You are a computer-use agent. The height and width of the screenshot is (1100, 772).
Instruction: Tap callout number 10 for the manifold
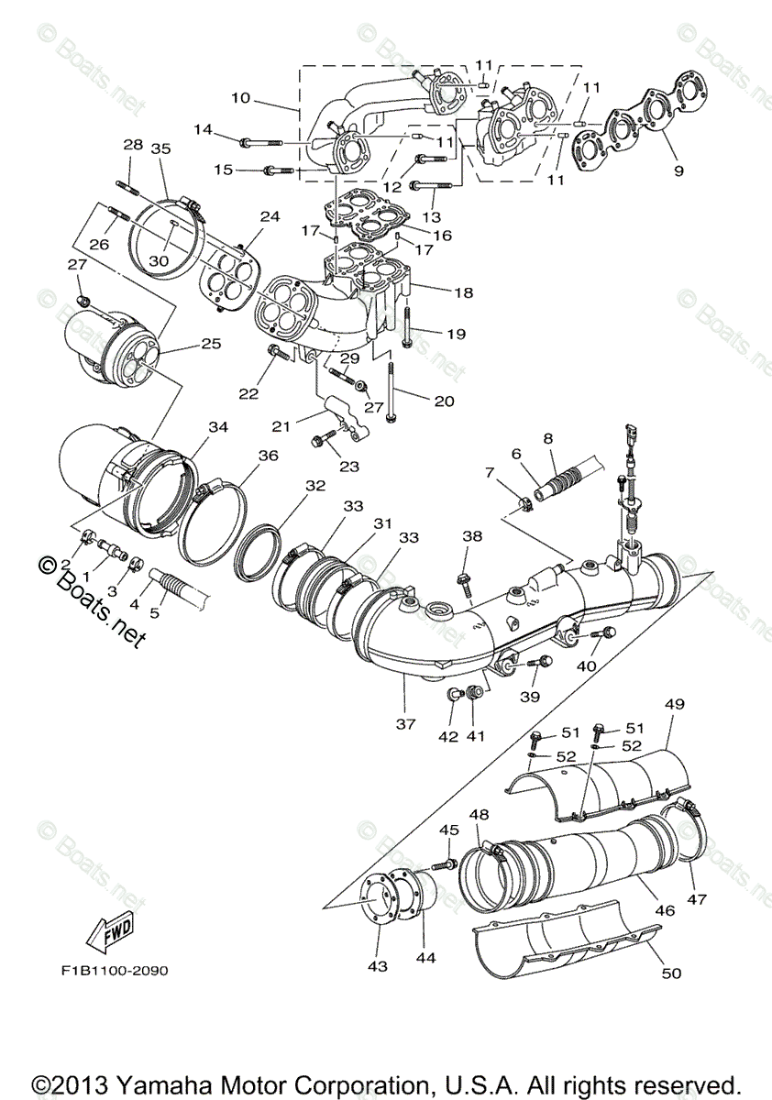click(x=240, y=96)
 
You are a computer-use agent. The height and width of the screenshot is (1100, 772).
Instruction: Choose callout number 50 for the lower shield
click(x=672, y=973)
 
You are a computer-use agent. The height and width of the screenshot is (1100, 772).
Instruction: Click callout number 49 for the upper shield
click(x=675, y=704)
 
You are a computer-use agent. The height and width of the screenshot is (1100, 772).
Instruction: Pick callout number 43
click(x=378, y=966)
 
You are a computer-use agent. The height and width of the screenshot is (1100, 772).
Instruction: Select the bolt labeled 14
click(x=259, y=142)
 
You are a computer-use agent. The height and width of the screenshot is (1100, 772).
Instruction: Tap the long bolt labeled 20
click(x=392, y=395)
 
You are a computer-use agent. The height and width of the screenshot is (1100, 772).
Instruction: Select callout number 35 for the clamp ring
click(x=161, y=148)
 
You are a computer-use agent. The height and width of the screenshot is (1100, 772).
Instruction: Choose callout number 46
click(x=664, y=910)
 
